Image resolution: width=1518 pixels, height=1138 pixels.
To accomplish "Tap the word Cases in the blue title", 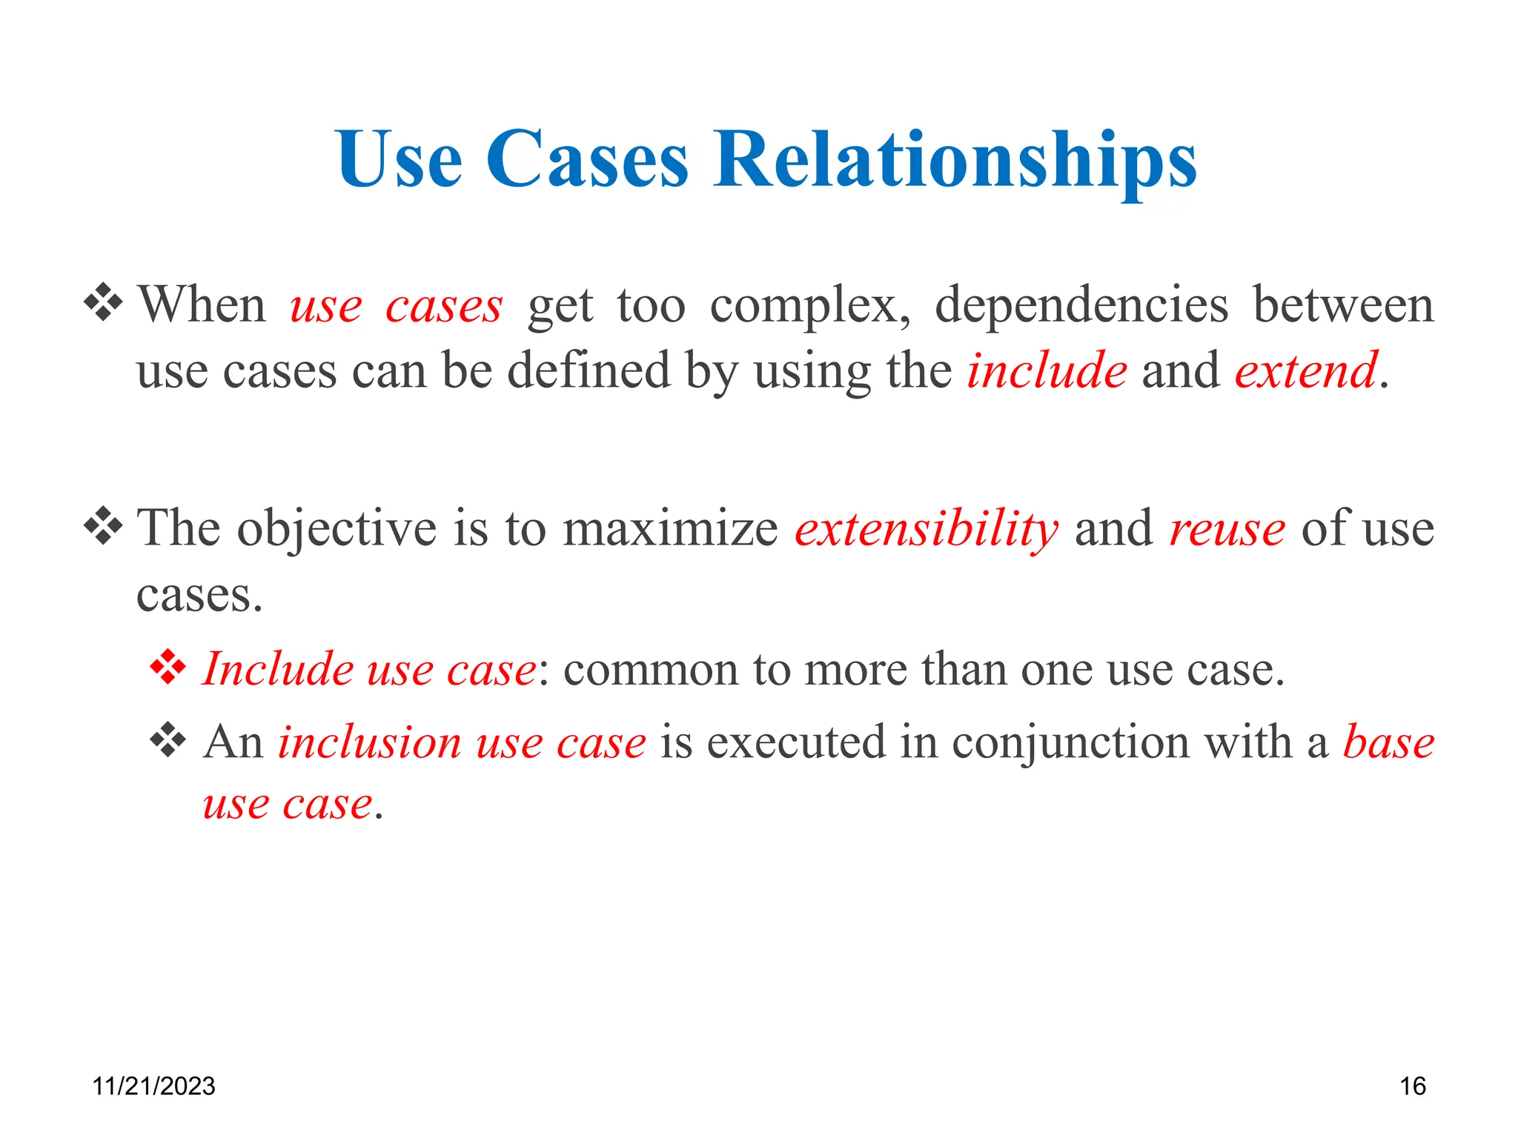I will point(586,160).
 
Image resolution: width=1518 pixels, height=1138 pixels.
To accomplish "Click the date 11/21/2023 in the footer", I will point(153,1086).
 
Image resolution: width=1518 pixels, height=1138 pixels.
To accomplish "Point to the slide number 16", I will point(1412,1086).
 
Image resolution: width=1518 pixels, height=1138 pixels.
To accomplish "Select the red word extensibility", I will point(926,529).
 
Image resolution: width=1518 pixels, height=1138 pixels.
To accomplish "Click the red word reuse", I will point(1227,529).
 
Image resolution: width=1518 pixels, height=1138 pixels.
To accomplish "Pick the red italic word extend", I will point(1306,370).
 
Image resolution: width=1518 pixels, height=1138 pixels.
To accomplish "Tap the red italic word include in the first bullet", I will point(1047,370).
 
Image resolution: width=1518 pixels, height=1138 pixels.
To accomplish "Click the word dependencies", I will point(1081,305).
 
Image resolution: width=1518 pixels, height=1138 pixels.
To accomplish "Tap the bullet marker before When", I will point(103,302).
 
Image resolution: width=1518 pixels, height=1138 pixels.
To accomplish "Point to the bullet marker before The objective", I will point(103,527).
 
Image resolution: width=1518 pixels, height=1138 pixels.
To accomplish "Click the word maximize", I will point(670,529).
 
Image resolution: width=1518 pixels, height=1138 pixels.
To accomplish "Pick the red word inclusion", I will point(369,742).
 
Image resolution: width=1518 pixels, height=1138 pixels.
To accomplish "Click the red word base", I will point(1388,742).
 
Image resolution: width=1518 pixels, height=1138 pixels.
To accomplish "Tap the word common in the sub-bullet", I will point(650,671).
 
